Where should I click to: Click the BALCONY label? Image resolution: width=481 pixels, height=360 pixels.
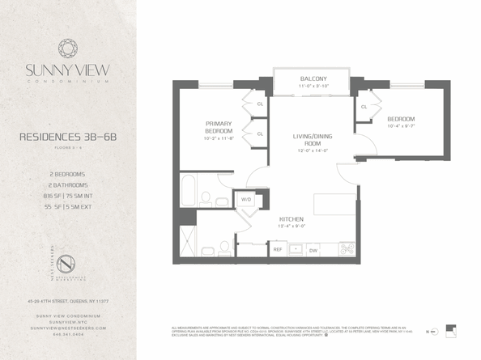pyautogui.click(x=312, y=78)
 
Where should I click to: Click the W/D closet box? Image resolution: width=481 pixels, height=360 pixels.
pyautogui.click(x=244, y=199)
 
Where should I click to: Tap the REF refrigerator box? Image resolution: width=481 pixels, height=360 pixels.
pyautogui.click(x=277, y=250)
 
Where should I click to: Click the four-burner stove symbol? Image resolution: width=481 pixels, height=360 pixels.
pyautogui.click(x=347, y=249)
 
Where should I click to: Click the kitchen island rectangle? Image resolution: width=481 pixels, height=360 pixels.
pyautogui.click(x=334, y=203)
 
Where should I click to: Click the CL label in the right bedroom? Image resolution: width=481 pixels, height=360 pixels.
pyautogui.click(x=364, y=107)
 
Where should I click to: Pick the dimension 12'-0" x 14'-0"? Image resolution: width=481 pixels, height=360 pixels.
pyautogui.click(x=312, y=150)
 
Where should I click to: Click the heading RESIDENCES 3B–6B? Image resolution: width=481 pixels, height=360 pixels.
pyautogui.click(x=68, y=138)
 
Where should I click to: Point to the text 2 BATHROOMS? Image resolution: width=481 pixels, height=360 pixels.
pyautogui.click(x=68, y=184)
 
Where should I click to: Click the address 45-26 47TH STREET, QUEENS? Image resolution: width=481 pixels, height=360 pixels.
pyautogui.click(x=68, y=301)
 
